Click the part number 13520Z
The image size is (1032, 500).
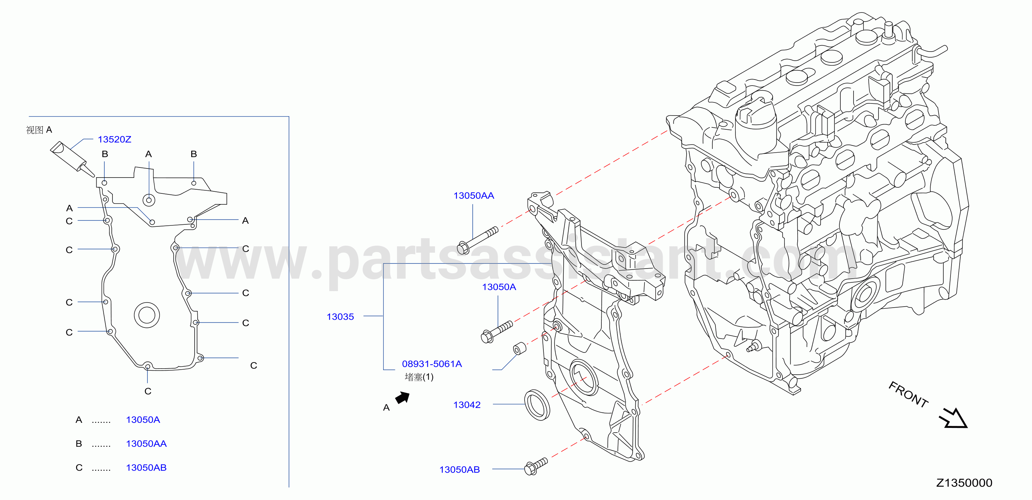tap(114, 139)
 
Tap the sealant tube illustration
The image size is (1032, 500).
tap(72, 159)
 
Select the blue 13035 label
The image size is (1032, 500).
tap(340, 317)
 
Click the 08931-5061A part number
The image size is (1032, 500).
tap(432, 364)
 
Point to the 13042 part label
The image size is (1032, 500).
tap(467, 405)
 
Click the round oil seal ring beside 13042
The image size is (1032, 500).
tap(537, 405)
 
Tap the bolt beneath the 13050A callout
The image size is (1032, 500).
tap(496, 332)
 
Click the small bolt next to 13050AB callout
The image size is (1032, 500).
tap(536, 467)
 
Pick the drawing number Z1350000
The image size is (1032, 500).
tap(964, 483)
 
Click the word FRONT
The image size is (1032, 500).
tap(908, 395)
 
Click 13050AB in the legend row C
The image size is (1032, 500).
tap(146, 468)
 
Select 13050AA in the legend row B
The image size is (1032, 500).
tap(146, 443)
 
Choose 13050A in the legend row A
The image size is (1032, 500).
tap(143, 420)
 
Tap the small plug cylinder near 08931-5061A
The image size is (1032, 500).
tap(520, 348)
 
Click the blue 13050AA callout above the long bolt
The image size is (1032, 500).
tap(473, 196)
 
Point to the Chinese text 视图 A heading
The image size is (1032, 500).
tap(39, 130)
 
